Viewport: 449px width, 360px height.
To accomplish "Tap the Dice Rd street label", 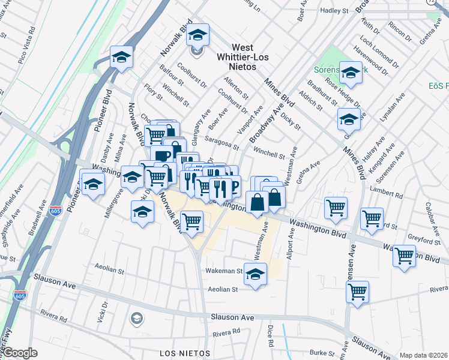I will click(x=271, y=336).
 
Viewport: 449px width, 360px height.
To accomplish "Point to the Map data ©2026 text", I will click(x=424, y=355).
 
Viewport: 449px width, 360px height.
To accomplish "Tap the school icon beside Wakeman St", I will click(x=255, y=273).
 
